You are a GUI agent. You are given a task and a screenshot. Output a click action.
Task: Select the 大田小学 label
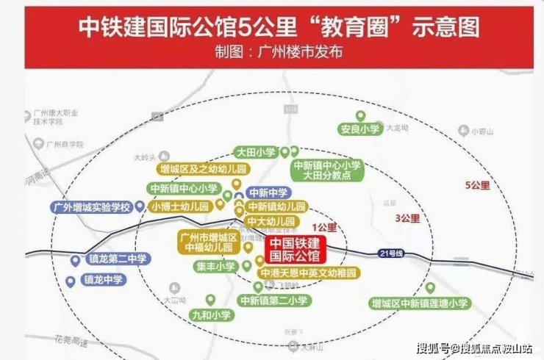point(256,153)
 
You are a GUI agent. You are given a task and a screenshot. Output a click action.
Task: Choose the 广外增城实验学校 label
point(90,207)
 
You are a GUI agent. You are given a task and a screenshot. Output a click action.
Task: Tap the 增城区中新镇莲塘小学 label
point(420,303)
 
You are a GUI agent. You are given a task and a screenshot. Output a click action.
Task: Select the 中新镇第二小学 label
point(274,300)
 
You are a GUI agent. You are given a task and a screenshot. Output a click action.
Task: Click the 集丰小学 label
point(216,267)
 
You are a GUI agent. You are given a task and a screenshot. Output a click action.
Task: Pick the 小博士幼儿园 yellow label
point(179,206)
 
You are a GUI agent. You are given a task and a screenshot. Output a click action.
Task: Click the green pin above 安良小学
point(360,115)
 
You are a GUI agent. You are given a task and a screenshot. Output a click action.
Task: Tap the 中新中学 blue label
point(268,192)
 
